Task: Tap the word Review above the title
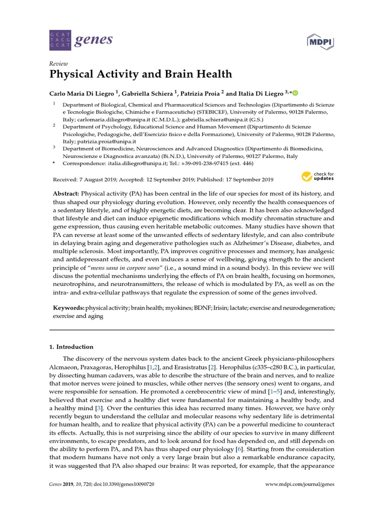point(58,64)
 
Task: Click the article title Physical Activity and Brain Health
point(140,74)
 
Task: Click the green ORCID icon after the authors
point(294,92)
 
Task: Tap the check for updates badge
point(317,176)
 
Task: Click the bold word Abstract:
point(66,193)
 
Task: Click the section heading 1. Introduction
point(71,346)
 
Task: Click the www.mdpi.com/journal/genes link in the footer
point(299,484)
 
